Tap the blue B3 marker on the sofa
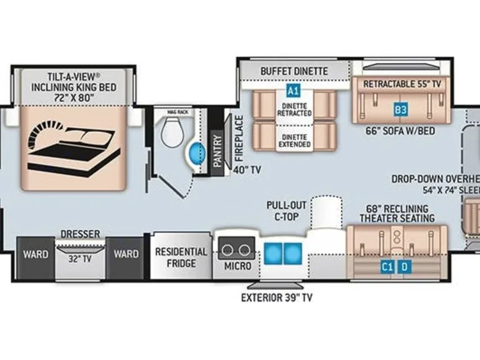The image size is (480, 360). [401, 110]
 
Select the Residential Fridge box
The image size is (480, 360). [181, 257]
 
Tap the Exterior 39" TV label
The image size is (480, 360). [276, 297]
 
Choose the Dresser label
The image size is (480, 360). [79, 234]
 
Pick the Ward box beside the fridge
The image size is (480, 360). [126, 254]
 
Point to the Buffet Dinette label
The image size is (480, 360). [294, 71]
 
